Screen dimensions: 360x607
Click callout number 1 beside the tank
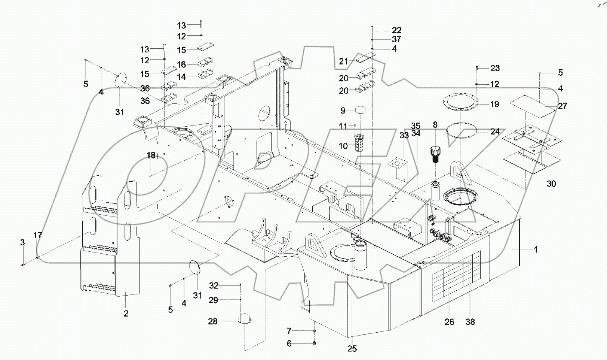(x=536, y=249)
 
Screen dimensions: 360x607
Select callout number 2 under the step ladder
(x=126, y=314)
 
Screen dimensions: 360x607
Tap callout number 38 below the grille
(x=470, y=322)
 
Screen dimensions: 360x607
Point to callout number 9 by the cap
(x=343, y=111)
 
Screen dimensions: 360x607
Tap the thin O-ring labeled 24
(x=462, y=131)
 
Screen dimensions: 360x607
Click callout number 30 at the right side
(x=551, y=184)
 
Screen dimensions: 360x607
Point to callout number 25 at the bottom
(x=352, y=349)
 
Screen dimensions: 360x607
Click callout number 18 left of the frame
(x=151, y=155)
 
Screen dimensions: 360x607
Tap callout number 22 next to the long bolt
(x=396, y=30)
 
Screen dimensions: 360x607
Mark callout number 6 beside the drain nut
(x=289, y=344)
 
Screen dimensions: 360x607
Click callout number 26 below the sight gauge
(x=449, y=322)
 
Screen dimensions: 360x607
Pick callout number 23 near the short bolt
(x=495, y=68)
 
